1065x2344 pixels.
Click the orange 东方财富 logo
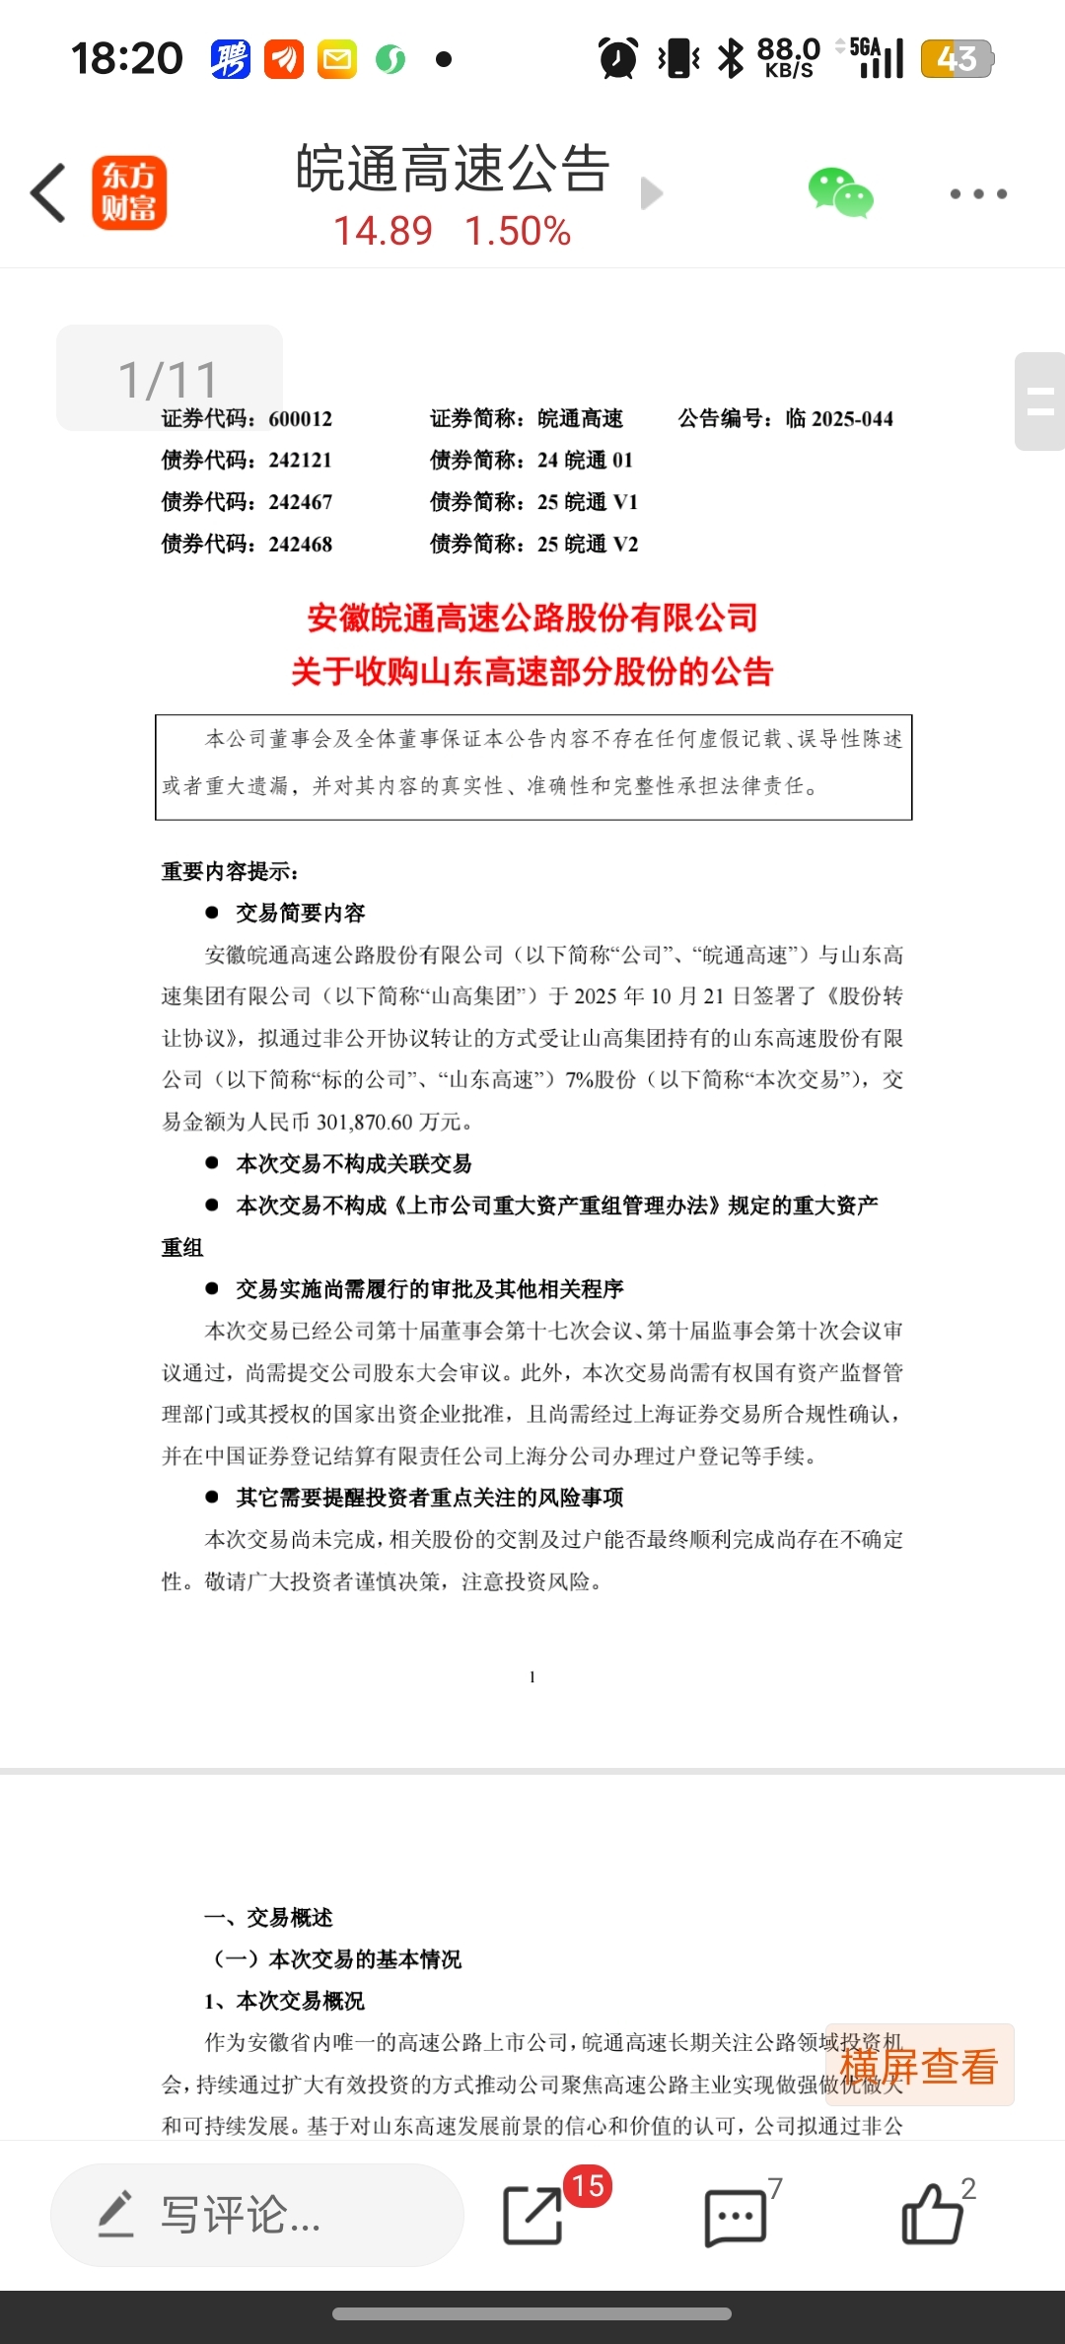[x=129, y=193]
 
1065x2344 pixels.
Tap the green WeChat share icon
[x=840, y=192]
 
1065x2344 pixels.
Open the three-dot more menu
[x=978, y=193]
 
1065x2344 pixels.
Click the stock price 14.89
[x=383, y=232]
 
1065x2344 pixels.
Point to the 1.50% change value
[x=518, y=232]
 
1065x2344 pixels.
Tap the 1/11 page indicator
[x=169, y=379]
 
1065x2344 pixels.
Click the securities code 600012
[x=301, y=419]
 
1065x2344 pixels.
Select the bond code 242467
[x=301, y=502]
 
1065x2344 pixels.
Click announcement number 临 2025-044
[x=839, y=419]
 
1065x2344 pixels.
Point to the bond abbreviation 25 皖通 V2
[x=588, y=545]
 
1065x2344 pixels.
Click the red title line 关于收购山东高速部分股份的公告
[x=532, y=672]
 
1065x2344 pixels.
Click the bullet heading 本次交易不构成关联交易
[x=353, y=1164]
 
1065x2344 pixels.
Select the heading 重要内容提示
[x=230, y=871]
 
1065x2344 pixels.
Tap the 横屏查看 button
[x=919, y=2065]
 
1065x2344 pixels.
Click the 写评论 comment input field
[x=256, y=2215]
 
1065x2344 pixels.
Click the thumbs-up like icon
[x=932, y=2215]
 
